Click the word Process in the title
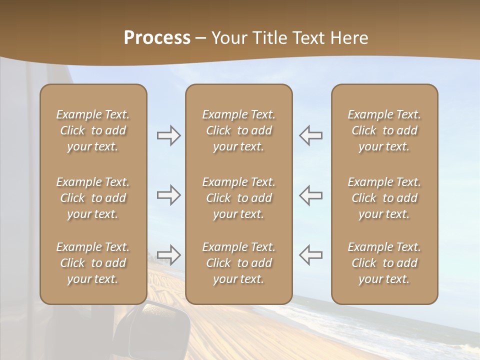point(157,38)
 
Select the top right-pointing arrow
point(168,135)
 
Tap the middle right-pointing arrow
point(168,195)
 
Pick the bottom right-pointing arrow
point(168,254)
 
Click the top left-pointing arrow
point(311,135)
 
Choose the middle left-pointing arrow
point(311,195)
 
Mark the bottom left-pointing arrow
point(311,254)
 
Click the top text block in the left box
point(93,130)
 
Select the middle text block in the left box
point(93,198)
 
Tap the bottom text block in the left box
point(93,263)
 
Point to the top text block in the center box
point(238,130)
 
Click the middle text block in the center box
point(238,198)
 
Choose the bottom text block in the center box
point(238,263)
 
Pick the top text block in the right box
point(384,130)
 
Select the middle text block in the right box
point(384,198)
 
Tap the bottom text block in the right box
point(384,263)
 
